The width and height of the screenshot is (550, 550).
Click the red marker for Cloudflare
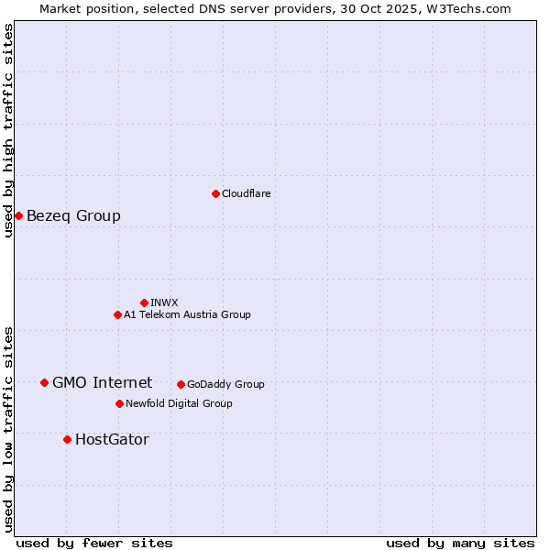tap(215, 193)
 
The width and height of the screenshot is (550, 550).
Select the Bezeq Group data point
tap(18, 215)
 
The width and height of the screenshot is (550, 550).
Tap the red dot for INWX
tap(144, 302)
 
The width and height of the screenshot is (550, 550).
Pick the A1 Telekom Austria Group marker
tap(117, 314)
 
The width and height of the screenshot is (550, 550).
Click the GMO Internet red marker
tap(44, 382)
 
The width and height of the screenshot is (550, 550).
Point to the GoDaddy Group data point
tap(181, 384)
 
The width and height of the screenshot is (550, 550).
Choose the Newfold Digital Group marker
tap(119, 403)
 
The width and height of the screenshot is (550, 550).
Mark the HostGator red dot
tap(67, 439)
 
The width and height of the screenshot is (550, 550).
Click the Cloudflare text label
tap(246, 193)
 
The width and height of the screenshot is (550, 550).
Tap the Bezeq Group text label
tap(73, 216)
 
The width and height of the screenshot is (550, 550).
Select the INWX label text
tap(164, 302)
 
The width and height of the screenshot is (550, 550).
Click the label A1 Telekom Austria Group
tap(187, 314)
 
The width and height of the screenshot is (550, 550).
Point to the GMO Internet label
tap(102, 383)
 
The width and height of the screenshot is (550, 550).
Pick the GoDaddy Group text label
tap(225, 384)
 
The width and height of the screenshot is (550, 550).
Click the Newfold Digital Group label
tap(179, 403)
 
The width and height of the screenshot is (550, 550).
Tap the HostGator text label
tap(112, 440)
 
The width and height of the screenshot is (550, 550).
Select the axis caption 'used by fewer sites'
tap(94, 543)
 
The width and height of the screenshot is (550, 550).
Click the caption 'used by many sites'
tap(460, 543)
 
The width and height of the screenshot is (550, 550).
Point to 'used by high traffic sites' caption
tap(8, 130)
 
